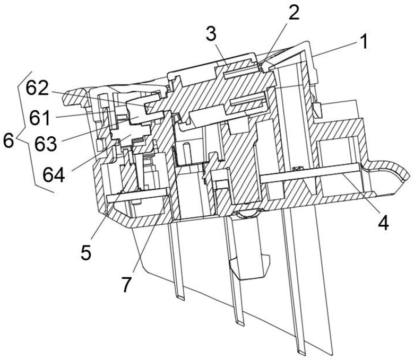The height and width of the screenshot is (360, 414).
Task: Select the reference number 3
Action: [211, 34]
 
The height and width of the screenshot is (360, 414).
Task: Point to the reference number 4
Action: [383, 223]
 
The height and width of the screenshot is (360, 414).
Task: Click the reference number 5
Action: [86, 252]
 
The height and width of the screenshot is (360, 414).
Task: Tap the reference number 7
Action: [126, 284]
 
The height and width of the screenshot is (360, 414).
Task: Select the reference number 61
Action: [40, 118]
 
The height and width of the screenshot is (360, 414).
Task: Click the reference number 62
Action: [37, 90]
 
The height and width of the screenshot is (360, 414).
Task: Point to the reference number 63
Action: [46, 144]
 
